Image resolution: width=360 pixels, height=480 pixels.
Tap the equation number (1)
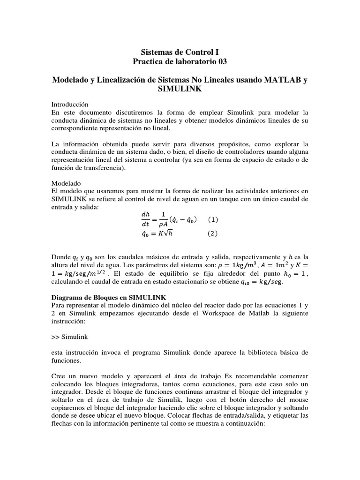tap(213, 220)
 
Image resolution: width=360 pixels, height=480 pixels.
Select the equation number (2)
tap(213, 234)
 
